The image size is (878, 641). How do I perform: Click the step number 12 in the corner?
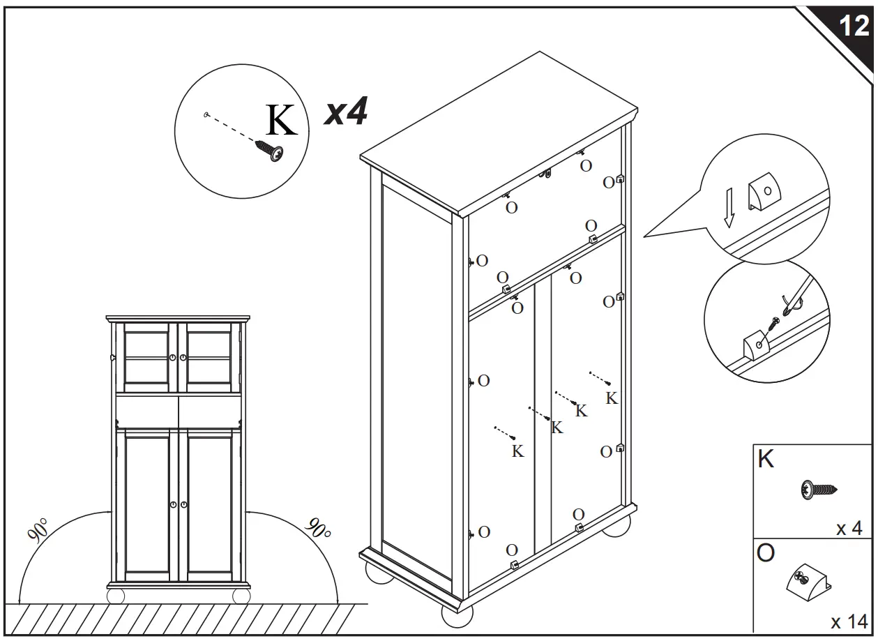853,27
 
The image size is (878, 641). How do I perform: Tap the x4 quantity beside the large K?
346,112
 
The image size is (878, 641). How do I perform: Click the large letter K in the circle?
281,121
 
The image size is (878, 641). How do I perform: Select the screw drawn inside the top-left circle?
270,151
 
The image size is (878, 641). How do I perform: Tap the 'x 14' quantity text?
849,620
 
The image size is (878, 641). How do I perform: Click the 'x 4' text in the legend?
849,529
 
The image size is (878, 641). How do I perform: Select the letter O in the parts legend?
766,554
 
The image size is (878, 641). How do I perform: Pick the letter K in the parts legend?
766,460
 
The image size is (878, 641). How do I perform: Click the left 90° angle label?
39,530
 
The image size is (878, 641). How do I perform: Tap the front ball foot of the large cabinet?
457,614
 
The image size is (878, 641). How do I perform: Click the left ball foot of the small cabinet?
116,596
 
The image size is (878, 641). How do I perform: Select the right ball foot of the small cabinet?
241,596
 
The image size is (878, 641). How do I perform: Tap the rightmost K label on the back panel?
611,398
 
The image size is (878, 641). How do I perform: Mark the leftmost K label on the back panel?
517,451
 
